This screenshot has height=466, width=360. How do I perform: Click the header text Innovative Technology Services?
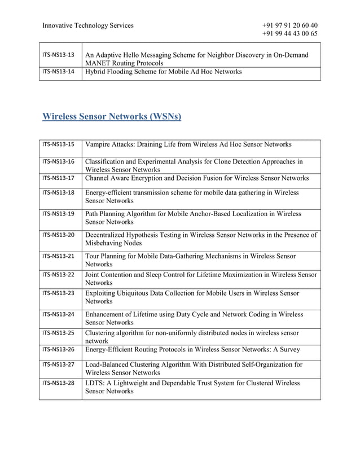point(87,25)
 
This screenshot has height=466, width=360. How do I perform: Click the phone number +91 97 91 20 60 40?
point(289,25)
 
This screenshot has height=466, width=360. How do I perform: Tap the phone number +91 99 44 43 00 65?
point(289,34)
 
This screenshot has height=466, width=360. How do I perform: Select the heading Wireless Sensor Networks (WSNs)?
point(112,117)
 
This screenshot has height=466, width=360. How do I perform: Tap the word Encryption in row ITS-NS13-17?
point(153,178)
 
